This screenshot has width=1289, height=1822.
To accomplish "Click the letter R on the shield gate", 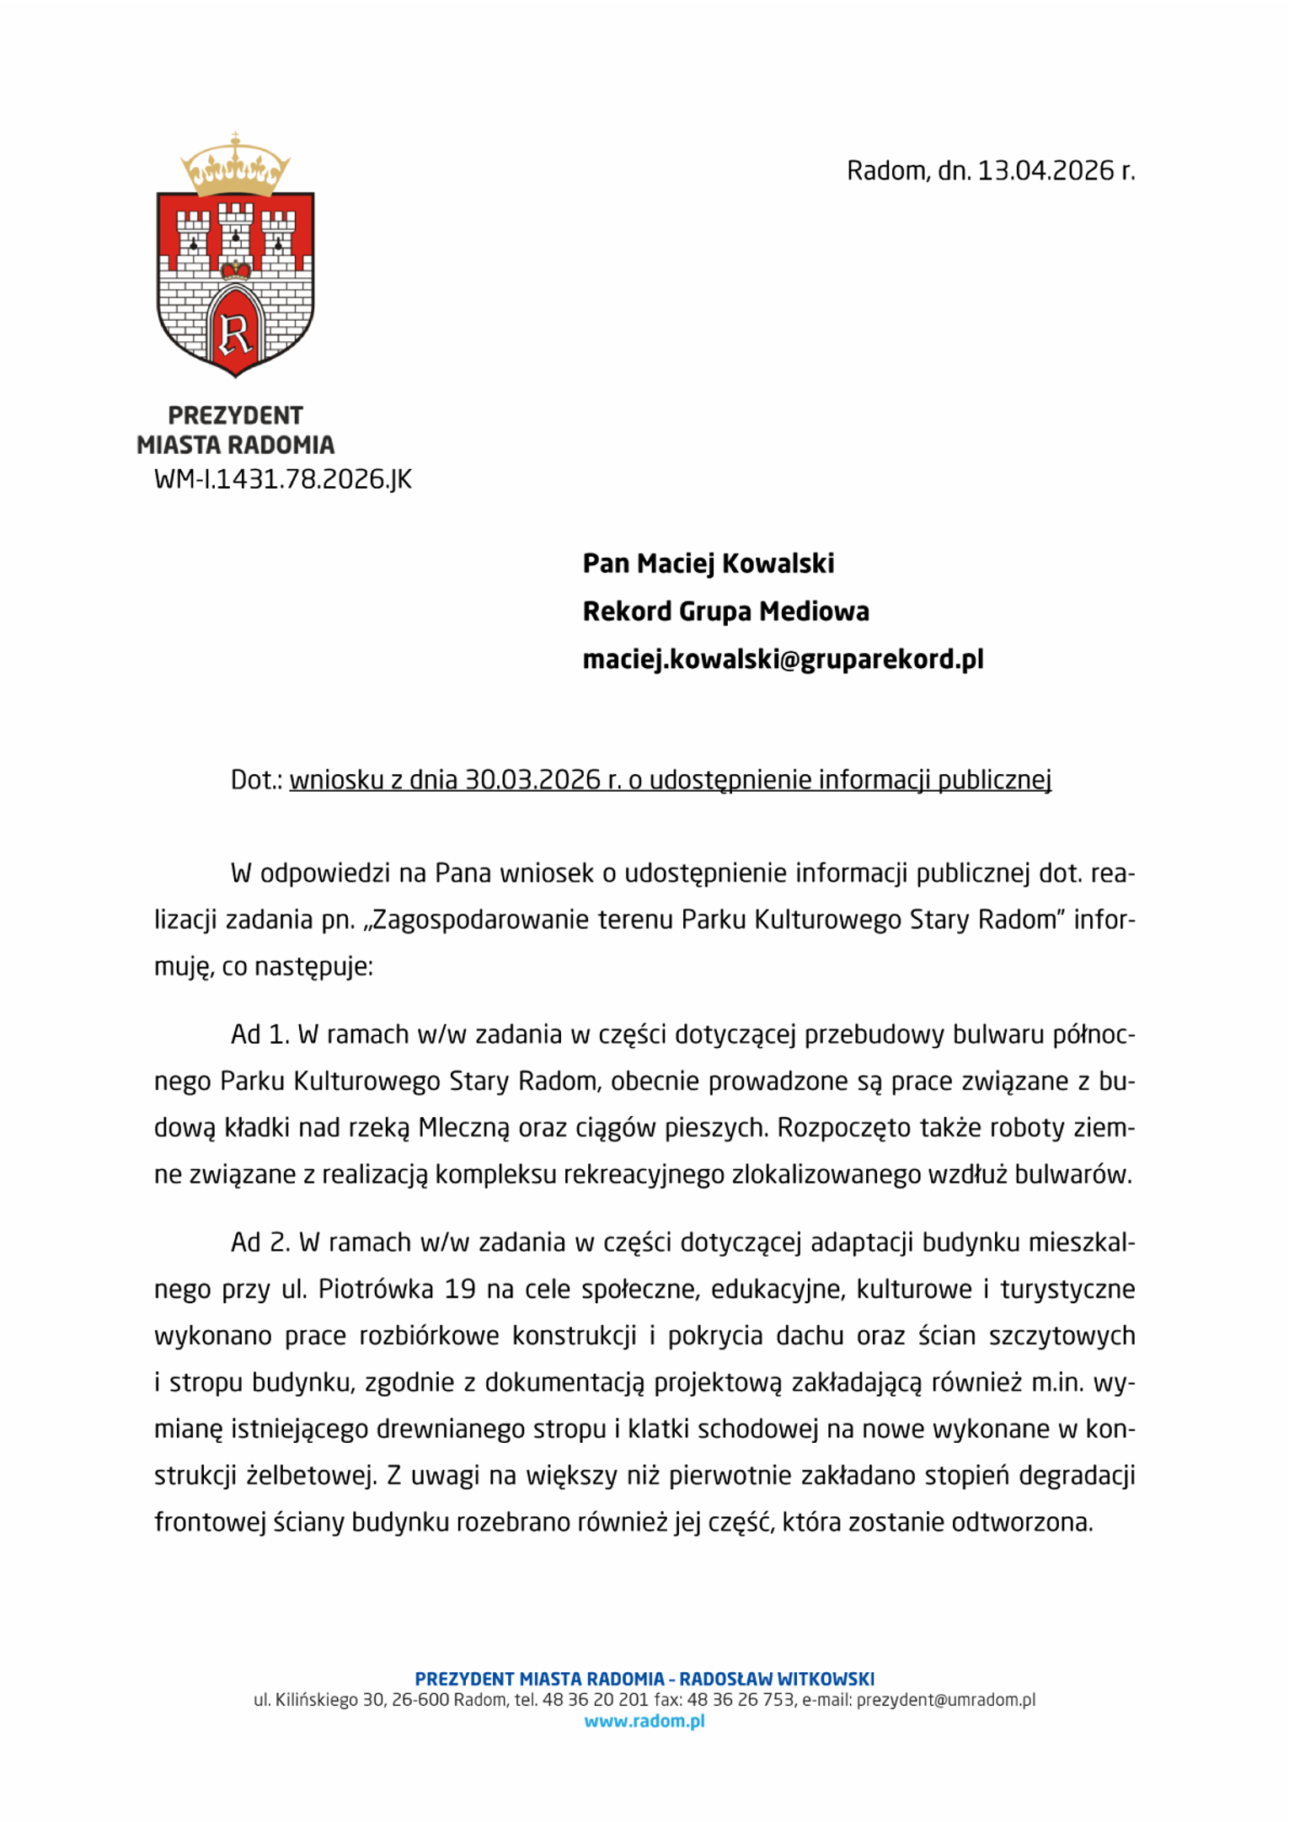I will tap(235, 333).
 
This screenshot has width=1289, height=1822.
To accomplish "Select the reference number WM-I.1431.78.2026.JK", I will tap(283, 479).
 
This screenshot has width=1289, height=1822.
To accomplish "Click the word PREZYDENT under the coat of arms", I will tap(235, 415).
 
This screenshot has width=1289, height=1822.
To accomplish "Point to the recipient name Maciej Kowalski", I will tap(735, 564).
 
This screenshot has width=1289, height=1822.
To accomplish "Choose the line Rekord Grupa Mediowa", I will tap(725, 612).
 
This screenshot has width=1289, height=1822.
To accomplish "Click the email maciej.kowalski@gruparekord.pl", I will tap(783, 660).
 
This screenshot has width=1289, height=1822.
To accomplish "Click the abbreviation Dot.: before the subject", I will tap(256, 780).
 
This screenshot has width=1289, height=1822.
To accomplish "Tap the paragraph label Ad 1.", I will tap(260, 1034).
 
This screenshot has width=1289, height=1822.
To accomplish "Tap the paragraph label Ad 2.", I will tap(260, 1242).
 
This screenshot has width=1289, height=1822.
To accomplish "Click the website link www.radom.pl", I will tap(644, 1722).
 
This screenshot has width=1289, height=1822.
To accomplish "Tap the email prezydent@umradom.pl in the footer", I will tap(945, 1701).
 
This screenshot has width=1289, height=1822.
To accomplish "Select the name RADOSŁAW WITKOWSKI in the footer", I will tap(777, 1680).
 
